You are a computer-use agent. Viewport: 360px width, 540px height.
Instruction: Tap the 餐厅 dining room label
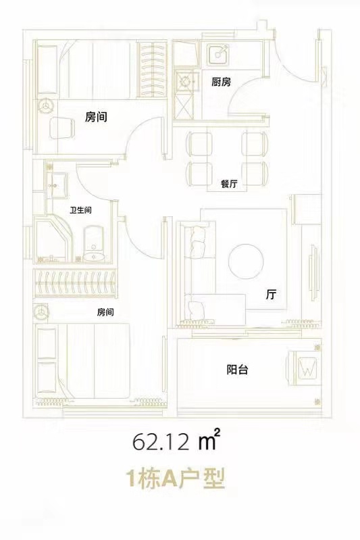[x=230, y=184]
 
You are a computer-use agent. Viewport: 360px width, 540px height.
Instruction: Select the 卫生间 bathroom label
[x=80, y=210]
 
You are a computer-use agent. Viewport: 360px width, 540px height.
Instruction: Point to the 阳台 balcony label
[x=236, y=370]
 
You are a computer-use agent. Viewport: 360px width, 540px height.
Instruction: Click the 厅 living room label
[x=271, y=295]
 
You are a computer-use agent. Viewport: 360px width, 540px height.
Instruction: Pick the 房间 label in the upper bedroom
[x=97, y=117]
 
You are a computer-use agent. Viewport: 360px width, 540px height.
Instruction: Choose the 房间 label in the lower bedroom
[x=105, y=312]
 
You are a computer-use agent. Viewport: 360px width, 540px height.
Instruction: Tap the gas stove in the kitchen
[x=183, y=81]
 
